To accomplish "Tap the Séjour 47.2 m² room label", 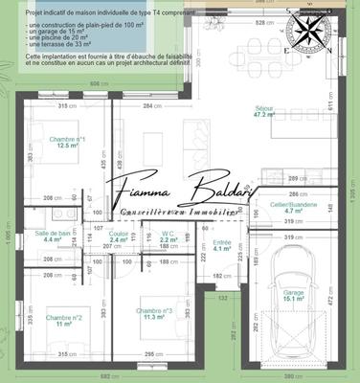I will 285,111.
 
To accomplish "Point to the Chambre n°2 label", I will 66,321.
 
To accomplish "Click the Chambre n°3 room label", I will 154,314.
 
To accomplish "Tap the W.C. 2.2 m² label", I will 168,237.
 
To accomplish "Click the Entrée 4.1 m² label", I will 221,245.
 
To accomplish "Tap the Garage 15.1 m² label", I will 293,322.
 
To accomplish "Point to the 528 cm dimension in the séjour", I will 259,21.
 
